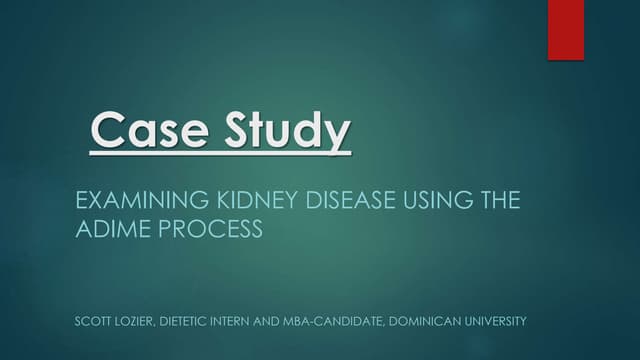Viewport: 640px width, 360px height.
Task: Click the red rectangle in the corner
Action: tap(565, 30)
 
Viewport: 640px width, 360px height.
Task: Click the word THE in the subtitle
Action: tap(498, 200)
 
